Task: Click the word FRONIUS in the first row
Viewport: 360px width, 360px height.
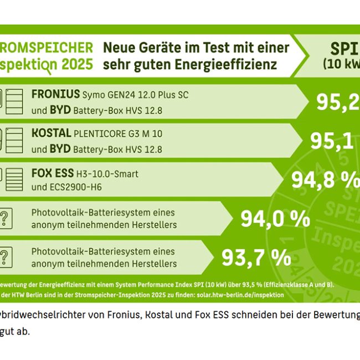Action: click(55, 95)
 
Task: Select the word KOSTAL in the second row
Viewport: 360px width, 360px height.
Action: click(51, 133)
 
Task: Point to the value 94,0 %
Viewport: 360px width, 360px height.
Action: click(275, 219)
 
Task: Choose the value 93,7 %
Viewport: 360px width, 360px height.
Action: click(256, 256)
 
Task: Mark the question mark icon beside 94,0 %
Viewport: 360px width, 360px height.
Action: click(4, 218)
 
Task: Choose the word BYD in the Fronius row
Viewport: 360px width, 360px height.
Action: click(59, 110)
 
